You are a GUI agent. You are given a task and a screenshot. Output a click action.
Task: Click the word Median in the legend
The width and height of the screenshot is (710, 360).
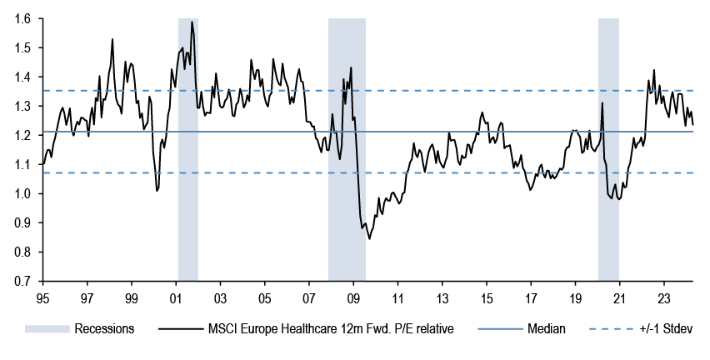546,329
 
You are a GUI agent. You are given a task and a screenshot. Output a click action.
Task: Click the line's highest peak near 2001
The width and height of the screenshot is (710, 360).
192,22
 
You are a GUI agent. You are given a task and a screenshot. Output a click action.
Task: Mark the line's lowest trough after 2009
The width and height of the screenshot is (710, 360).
369,238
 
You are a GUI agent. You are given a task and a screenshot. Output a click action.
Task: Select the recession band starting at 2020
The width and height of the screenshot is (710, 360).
608,150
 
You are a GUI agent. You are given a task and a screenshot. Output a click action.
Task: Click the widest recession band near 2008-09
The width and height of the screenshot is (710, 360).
347,150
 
